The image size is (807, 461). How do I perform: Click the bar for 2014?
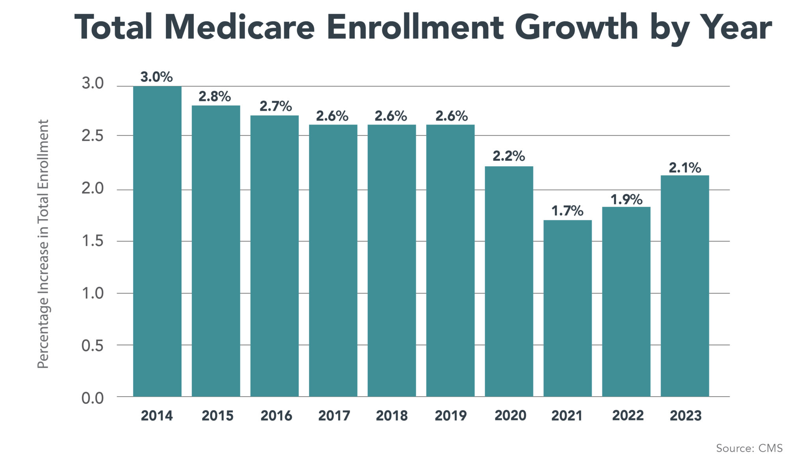pos(157,241)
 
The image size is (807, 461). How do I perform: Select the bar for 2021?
pos(567,308)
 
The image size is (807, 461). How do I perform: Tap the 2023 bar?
pos(684,286)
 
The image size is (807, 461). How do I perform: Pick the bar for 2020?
pos(509,281)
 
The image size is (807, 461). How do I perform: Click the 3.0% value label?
pos(156,77)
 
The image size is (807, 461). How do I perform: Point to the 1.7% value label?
pos(567,211)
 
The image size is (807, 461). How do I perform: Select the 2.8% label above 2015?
pos(214,97)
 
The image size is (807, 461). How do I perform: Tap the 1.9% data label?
pos(626,199)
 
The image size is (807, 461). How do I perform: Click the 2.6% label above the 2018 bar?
pos(390,116)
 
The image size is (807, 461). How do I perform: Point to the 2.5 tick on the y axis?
pos(93,136)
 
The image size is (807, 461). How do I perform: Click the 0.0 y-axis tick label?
pos(93,398)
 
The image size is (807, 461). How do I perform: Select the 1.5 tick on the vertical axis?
pos(93,241)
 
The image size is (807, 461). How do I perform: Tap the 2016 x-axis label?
pos(276,416)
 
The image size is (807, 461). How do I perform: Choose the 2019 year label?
pos(450,416)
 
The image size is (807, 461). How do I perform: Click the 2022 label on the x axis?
pos(628,416)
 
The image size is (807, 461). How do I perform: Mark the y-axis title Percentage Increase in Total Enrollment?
pos(43,244)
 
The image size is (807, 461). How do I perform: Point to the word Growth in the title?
pos(576,28)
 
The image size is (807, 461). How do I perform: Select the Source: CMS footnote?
pos(749,448)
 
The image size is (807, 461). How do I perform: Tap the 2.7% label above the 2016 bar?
pos(275,106)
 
